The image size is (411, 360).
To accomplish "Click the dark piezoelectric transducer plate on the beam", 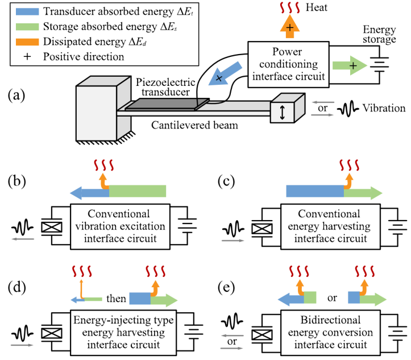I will coord(161,105).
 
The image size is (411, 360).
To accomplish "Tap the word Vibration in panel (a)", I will coord(386,108).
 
